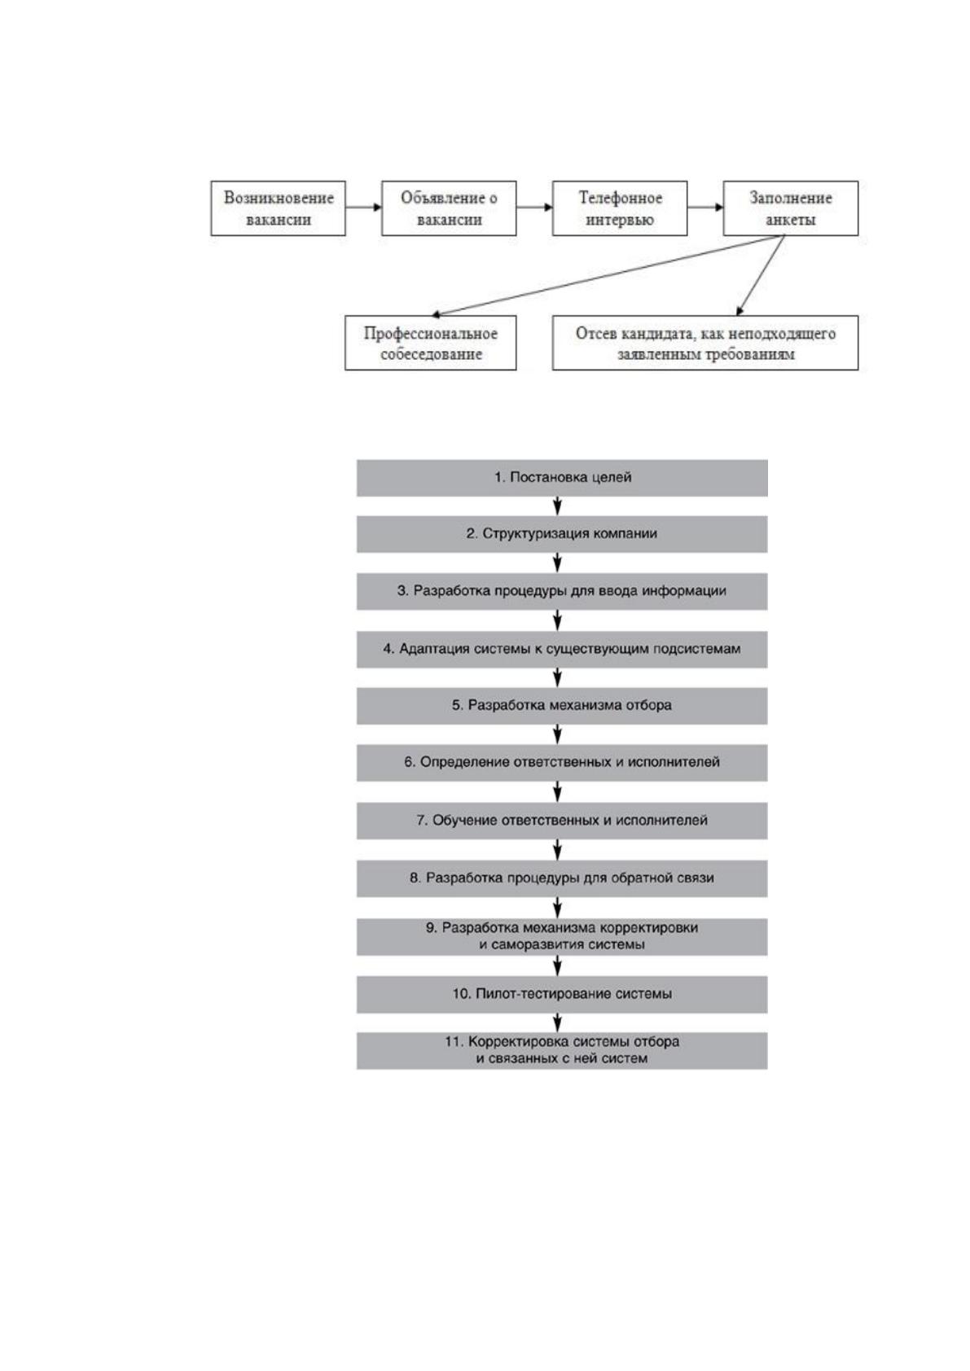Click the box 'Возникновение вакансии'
coord(278,208)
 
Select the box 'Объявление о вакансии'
coord(449,208)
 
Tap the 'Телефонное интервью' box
coord(620,208)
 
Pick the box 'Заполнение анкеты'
coord(791,208)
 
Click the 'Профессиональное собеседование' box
coord(431,343)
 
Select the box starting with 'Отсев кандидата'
coord(705,343)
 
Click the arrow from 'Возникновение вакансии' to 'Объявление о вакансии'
coord(364,207)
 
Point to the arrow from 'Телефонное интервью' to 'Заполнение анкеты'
coord(705,207)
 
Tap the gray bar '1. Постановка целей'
coord(562,478)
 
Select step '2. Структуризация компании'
coord(562,534)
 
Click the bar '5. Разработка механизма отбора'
coord(562,706)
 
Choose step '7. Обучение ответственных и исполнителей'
coord(562,821)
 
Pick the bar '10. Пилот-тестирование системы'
coord(562,994)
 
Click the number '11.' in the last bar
coord(454,1041)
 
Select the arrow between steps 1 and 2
coord(557,506)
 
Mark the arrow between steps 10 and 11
coord(557,1023)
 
